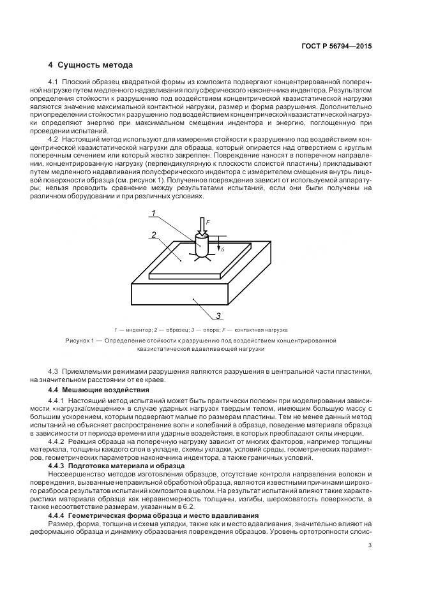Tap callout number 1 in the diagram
[x=153, y=214]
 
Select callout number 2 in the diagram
[x=154, y=235]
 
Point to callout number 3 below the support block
[x=218, y=315]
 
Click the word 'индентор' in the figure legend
[x=136, y=330]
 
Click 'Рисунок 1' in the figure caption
[x=80, y=341]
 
